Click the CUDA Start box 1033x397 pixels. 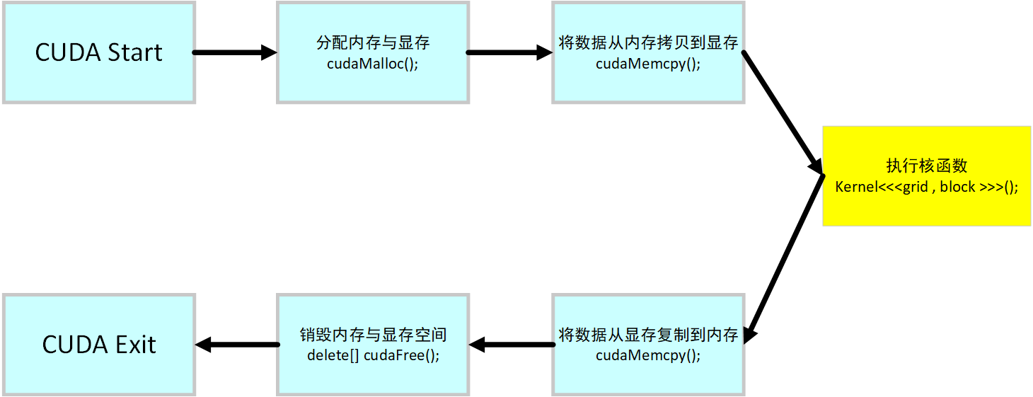pyautogui.click(x=99, y=52)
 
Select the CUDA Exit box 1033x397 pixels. pyautogui.click(x=99, y=345)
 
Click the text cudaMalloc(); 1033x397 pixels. pyautogui.click(x=373, y=63)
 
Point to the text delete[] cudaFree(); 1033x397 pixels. pyautogui.click(x=373, y=355)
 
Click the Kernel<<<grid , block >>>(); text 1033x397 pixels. pyautogui.click(x=926, y=188)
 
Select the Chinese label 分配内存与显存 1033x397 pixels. pyautogui.click(x=373, y=42)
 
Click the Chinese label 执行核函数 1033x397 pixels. pyautogui.click(x=926, y=166)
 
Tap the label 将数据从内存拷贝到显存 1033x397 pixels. pyautogui.click(x=648, y=42)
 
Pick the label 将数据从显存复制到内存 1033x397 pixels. pyautogui.click(x=648, y=335)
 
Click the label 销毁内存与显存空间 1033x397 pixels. pyautogui.click(x=373, y=335)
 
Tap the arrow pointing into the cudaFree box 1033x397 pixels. pyautogui.click(x=511, y=345)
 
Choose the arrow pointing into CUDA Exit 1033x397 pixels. pyautogui.click(x=236, y=345)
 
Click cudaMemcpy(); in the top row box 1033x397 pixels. pyautogui.click(x=648, y=63)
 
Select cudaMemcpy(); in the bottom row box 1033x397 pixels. pyautogui.click(x=648, y=355)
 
